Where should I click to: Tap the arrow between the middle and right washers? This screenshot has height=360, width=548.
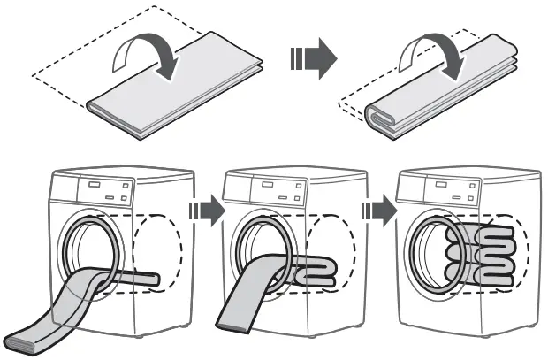[x=379, y=211]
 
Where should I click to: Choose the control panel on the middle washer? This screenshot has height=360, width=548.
[x=278, y=190]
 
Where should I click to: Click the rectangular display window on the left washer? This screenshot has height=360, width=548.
[x=91, y=188]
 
